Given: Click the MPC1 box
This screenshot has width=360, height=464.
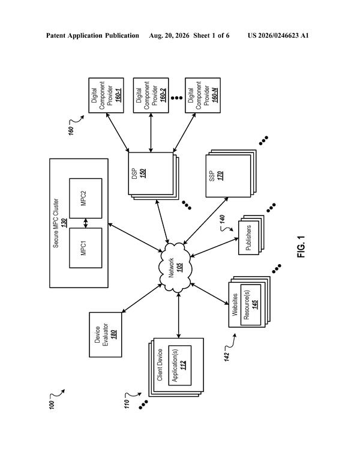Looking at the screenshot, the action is [85, 248].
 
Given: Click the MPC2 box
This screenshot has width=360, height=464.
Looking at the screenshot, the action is [85, 198].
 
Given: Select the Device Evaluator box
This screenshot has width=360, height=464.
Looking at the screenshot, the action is [106, 335].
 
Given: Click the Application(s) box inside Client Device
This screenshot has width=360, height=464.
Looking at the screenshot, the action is [179, 366].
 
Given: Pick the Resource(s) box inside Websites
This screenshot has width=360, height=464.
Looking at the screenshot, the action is [251, 305].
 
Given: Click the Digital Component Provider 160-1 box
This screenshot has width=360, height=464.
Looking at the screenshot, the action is [106, 95].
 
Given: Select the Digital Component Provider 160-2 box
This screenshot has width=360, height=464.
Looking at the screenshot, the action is [151, 95].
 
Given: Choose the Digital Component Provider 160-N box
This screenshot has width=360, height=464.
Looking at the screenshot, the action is [203, 95].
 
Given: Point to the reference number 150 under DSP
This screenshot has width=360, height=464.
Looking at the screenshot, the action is [143, 173].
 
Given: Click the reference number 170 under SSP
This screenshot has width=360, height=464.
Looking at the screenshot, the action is [220, 176].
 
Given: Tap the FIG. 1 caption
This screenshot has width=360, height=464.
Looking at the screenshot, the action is [301, 247].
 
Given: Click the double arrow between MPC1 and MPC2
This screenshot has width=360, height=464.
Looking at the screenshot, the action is [86, 223].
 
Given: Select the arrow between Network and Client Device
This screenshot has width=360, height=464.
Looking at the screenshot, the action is [178, 315].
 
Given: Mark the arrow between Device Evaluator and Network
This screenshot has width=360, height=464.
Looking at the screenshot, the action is [142, 298].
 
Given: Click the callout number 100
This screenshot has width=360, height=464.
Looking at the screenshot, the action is [52, 404].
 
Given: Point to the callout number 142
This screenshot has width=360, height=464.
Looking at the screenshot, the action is [227, 357].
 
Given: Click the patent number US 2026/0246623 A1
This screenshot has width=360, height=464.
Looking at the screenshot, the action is [278, 36].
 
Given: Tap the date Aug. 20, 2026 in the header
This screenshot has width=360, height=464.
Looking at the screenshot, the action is [169, 36].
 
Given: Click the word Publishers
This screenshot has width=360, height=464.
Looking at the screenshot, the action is [248, 238].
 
